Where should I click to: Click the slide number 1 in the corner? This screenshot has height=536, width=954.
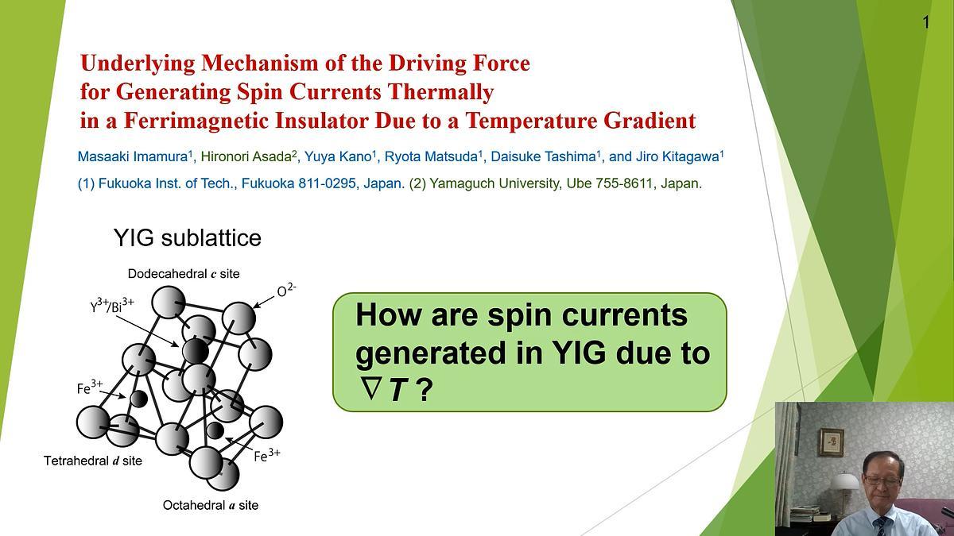click(x=925, y=22)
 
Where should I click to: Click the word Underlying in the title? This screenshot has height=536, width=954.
click(x=134, y=63)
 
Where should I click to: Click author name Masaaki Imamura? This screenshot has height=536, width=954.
click(x=132, y=156)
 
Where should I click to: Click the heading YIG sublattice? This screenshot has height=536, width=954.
click(x=187, y=237)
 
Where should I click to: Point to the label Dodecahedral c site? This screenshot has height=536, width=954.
click(x=184, y=274)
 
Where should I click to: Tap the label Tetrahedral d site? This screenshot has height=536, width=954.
click(x=93, y=461)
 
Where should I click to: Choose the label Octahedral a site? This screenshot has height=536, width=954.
click(x=211, y=505)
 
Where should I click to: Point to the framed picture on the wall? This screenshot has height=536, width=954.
click(x=832, y=442)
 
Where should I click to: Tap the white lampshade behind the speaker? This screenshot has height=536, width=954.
click(x=844, y=481)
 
